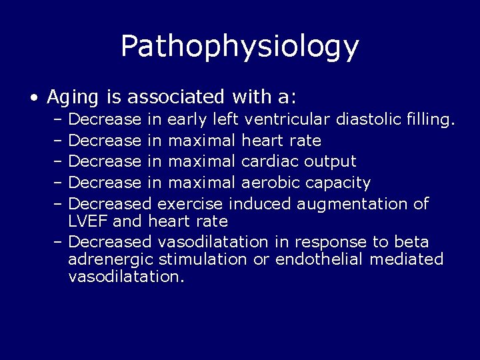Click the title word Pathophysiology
coord(240,46)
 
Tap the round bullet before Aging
coord(33,98)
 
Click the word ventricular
coord(288,120)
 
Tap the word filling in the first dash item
coord(430,120)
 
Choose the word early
coord(187,120)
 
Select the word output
coord(331,161)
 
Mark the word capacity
coord(339,183)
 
